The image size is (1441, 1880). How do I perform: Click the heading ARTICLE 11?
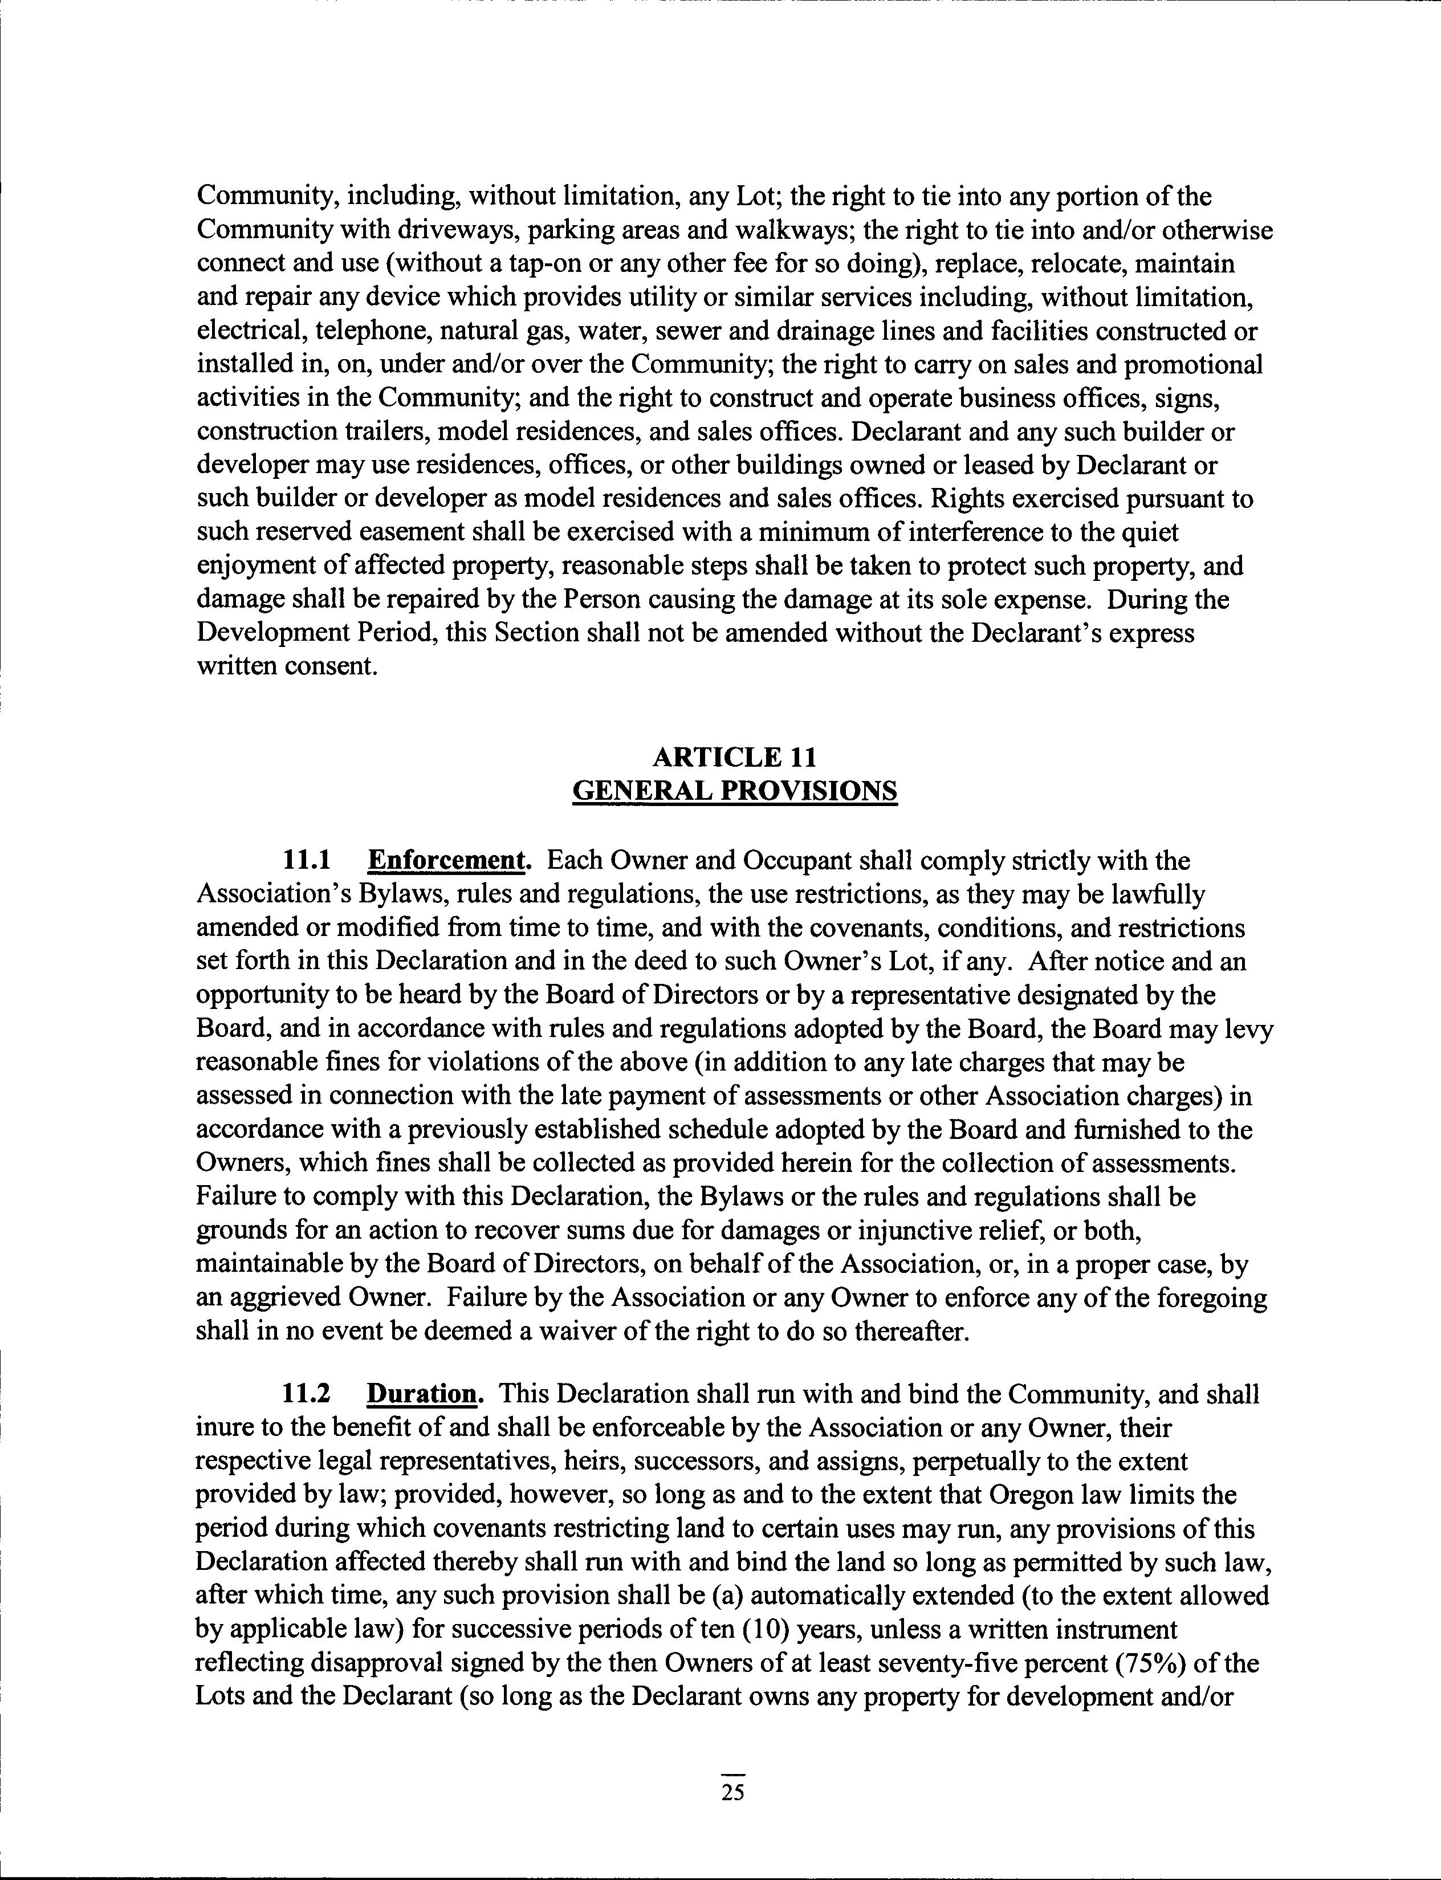pyautogui.click(x=734, y=756)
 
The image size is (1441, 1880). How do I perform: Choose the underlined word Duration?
pyautogui.click(x=421, y=1394)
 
